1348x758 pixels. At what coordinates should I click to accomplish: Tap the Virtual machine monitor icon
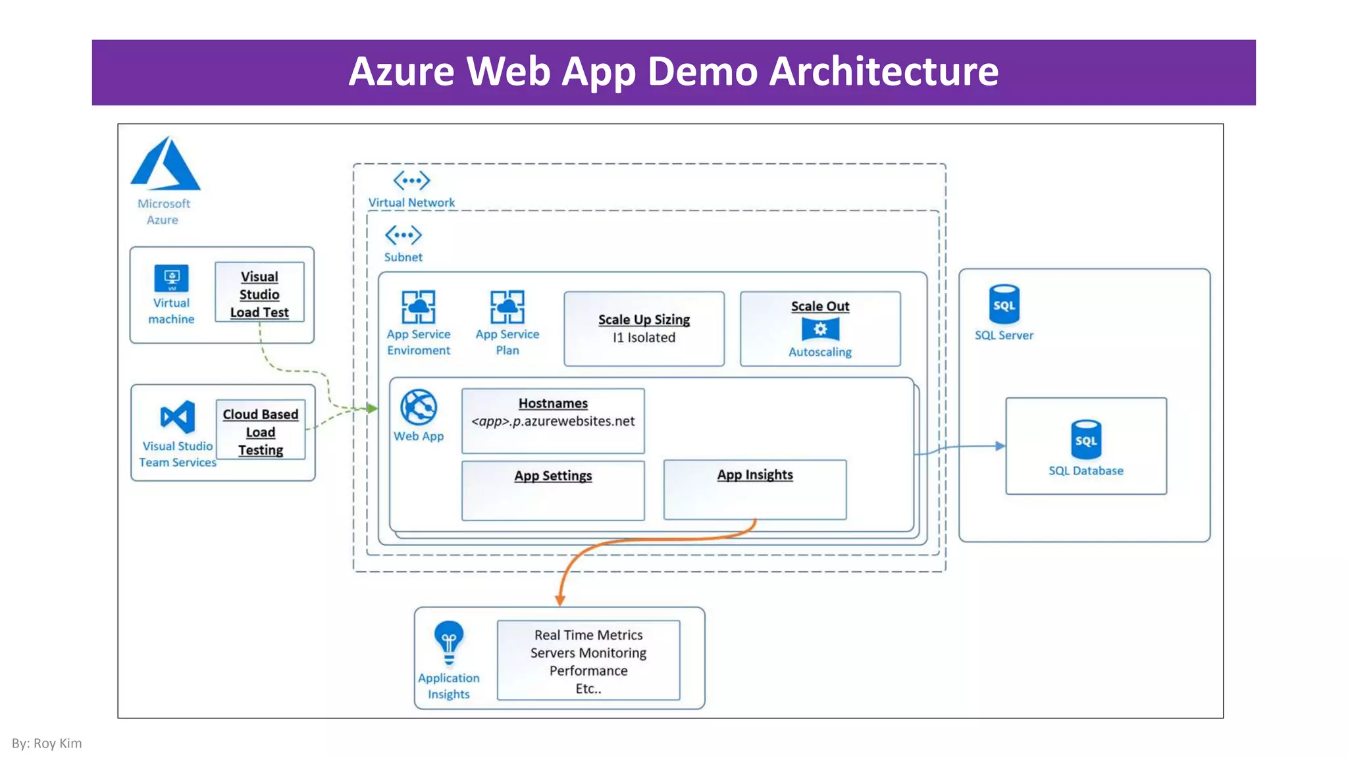(x=171, y=278)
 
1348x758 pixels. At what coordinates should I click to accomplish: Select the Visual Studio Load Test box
(x=259, y=293)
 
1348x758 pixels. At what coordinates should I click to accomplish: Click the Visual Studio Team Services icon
(x=178, y=417)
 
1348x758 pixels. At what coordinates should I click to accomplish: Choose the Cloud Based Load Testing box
(x=261, y=431)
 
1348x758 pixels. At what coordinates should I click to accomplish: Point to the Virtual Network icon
(x=411, y=180)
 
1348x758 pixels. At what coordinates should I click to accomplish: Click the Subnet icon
(x=403, y=235)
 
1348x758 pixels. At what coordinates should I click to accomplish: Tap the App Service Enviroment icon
(x=419, y=307)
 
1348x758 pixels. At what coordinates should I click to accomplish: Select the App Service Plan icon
(x=507, y=307)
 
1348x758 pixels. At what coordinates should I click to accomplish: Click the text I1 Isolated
(x=644, y=338)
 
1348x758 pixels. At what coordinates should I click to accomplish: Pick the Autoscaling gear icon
(x=820, y=328)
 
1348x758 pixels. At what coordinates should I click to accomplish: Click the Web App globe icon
(x=419, y=407)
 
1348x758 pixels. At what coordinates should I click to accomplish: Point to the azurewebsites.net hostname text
(x=553, y=421)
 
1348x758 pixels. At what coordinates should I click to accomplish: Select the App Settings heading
(x=553, y=476)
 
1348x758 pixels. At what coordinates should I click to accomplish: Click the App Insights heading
(x=755, y=475)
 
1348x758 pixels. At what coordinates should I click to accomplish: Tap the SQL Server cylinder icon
(x=1004, y=304)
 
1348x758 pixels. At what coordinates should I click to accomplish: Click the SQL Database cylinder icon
(x=1086, y=440)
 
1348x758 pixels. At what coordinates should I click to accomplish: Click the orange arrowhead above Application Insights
(x=560, y=600)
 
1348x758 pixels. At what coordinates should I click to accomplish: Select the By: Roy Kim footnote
(x=47, y=744)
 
